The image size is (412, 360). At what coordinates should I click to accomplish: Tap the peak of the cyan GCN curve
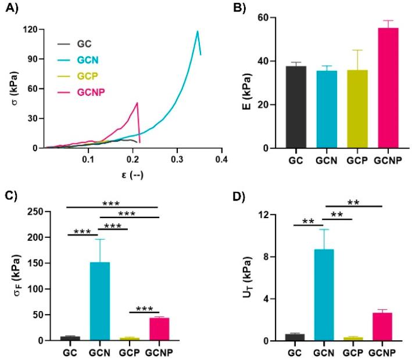tap(198, 31)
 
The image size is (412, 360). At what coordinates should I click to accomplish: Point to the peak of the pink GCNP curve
tap(137, 103)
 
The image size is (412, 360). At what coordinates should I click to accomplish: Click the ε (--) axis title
tap(132, 172)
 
